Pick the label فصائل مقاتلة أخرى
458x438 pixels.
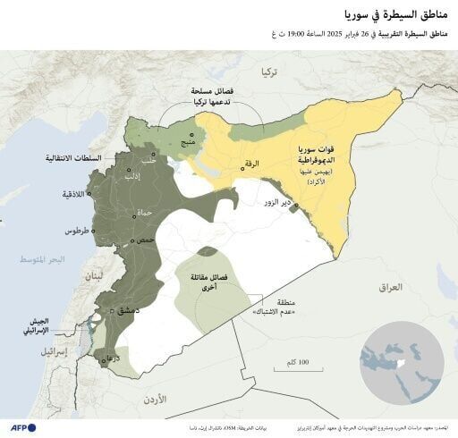209,283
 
